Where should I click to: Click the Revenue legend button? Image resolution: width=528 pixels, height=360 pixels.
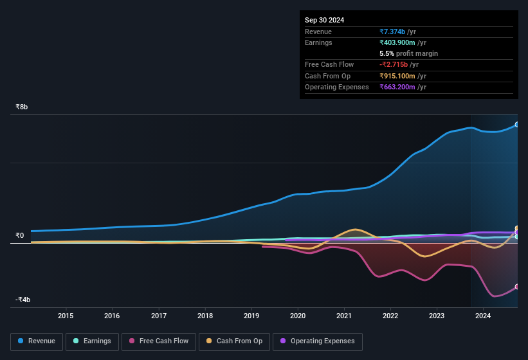click(37, 341)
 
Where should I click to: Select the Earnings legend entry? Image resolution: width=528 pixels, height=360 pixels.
click(91, 341)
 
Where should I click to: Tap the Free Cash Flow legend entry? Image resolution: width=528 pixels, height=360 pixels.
click(159, 341)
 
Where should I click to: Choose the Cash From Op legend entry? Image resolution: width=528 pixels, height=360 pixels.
click(233, 341)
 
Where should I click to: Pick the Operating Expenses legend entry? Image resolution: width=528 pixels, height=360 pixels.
click(317, 341)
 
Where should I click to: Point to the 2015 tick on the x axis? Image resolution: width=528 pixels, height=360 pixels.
click(66, 316)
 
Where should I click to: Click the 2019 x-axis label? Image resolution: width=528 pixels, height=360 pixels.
click(251, 316)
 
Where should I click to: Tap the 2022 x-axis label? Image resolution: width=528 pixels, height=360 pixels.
click(390, 316)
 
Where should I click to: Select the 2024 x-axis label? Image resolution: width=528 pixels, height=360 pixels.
click(483, 316)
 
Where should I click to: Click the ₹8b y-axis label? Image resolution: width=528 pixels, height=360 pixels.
click(22, 107)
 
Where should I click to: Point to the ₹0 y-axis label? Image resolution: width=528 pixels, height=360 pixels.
click(19, 235)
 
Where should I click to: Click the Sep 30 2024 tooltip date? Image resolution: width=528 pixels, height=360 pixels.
click(324, 20)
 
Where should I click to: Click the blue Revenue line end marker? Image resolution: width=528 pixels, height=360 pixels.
click(516, 125)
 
